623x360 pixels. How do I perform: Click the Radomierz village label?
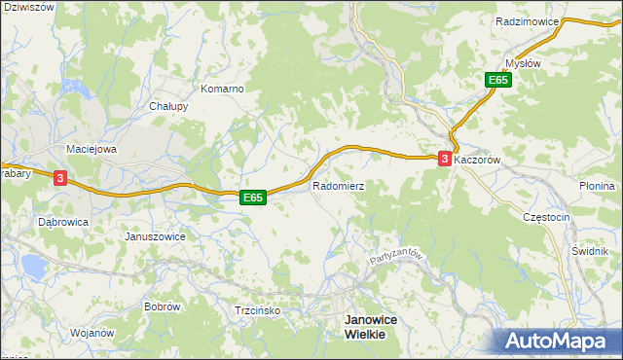[338, 185]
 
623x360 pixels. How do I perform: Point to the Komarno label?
[222, 89]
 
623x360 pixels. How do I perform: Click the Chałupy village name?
[168, 107]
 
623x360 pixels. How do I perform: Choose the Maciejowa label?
[91, 150]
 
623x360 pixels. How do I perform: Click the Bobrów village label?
[162, 306]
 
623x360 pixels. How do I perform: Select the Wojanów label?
[92, 333]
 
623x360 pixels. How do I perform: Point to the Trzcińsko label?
[258, 311]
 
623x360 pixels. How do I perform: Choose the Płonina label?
[597, 186]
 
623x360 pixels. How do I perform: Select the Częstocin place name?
[545, 218]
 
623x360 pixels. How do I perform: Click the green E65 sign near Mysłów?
[499, 81]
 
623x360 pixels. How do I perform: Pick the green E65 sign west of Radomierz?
[253, 198]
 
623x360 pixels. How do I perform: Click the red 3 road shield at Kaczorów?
[445, 159]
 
